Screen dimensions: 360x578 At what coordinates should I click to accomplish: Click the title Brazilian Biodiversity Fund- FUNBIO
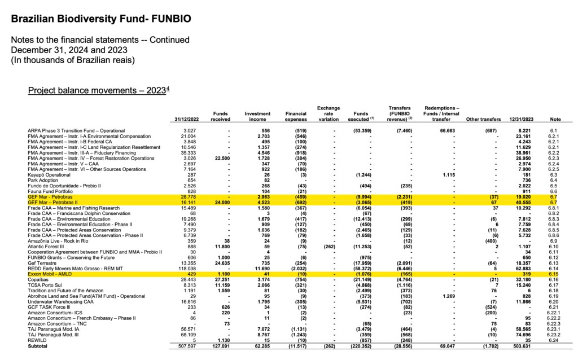pyautogui.click(x=101, y=19)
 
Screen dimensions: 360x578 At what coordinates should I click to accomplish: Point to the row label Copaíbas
pyautogui.click(x=38, y=279)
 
